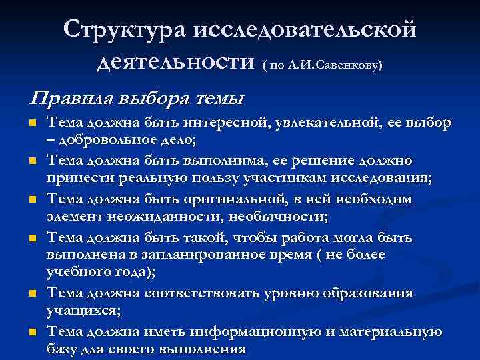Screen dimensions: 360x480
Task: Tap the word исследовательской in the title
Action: click(305, 31)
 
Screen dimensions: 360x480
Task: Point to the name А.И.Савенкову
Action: click(335, 66)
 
